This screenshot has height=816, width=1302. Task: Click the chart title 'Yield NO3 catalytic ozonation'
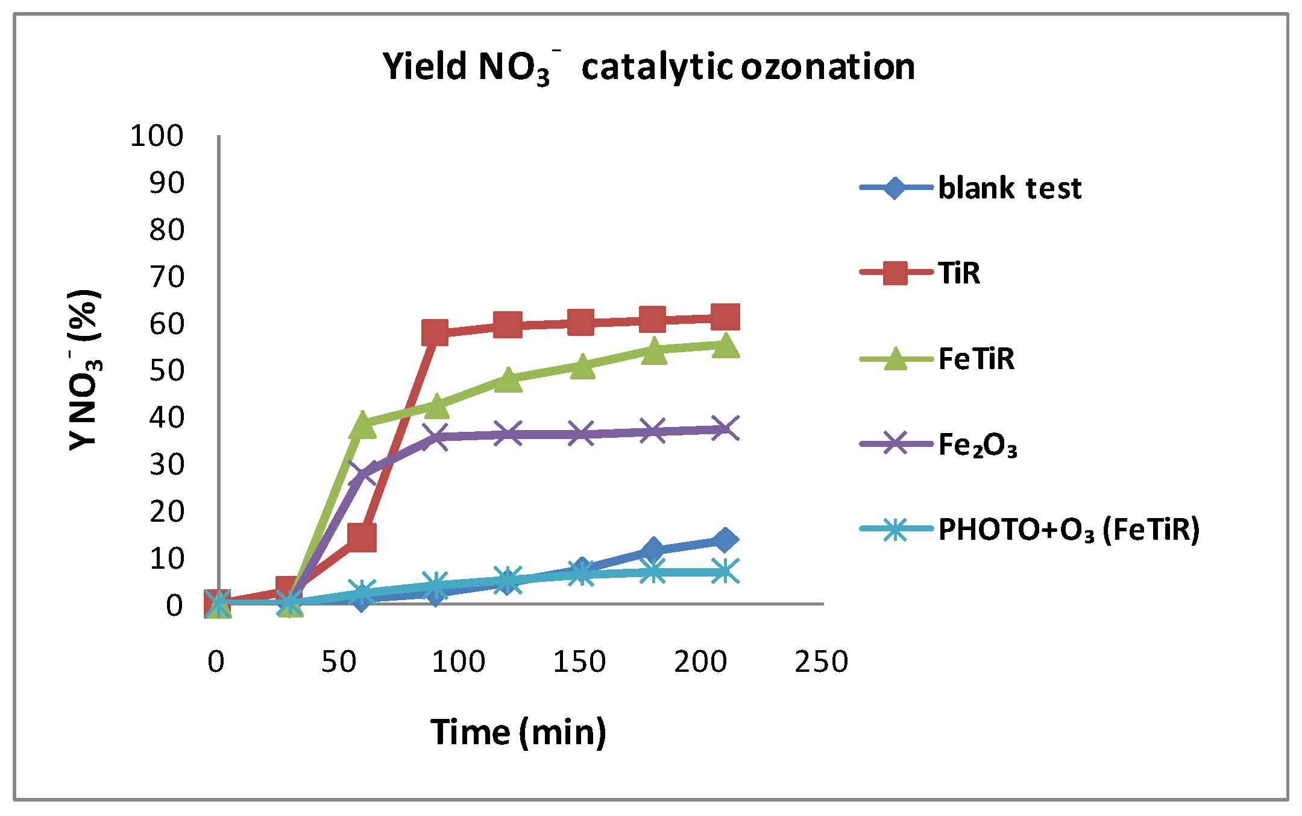[649, 66]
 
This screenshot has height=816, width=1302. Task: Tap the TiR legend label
[958, 273]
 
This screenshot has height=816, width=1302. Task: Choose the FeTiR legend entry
[976, 359]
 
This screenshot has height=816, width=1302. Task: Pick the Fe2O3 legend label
[977, 446]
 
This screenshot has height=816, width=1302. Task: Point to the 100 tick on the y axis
[157, 136]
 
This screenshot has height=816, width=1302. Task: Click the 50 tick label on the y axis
[166, 370]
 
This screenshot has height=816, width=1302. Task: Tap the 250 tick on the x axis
[821, 662]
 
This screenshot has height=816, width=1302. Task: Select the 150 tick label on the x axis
[579, 662]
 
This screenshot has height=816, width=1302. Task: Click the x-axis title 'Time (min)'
[518, 732]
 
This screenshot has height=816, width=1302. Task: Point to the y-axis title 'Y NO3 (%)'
[84, 370]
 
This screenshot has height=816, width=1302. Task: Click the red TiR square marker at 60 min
[362, 537]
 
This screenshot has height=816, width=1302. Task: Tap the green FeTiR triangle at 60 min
[362, 425]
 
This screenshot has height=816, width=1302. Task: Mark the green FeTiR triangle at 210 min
[725, 346]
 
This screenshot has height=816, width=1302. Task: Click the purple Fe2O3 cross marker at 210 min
[725, 429]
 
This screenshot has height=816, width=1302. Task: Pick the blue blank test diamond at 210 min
[725, 539]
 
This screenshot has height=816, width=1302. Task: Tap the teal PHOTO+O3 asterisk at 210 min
[725, 571]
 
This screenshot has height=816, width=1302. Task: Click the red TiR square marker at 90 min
[435, 332]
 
